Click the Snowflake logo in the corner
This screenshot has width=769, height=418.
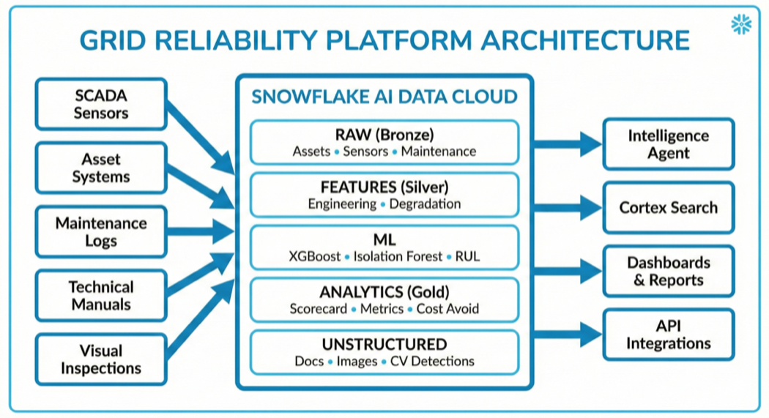(x=741, y=24)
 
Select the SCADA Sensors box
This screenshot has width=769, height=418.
(x=101, y=105)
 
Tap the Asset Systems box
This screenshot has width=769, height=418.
(x=101, y=168)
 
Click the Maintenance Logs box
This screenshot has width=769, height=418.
(x=101, y=232)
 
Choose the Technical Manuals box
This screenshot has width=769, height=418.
(x=101, y=296)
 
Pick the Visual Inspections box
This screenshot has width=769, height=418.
(x=101, y=359)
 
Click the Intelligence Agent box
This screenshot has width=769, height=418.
(x=668, y=144)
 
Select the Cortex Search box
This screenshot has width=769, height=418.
(x=668, y=208)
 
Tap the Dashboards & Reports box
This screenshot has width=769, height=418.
(x=668, y=272)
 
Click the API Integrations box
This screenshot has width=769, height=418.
(x=668, y=335)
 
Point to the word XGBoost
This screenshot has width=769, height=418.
(x=315, y=257)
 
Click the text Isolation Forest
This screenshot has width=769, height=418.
(x=398, y=257)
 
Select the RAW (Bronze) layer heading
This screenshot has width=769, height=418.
(x=384, y=135)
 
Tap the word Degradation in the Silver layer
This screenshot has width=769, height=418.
(x=425, y=204)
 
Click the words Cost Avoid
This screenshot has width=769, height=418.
(x=447, y=309)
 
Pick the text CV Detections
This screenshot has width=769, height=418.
(x=432, y=362)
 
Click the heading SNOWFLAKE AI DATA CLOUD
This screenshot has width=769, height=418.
(x=384, y=97)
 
